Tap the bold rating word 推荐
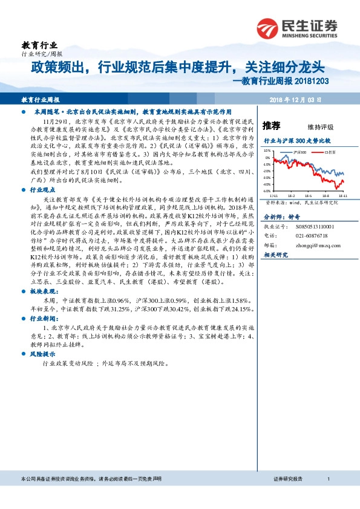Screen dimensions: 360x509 [x=272, y=126]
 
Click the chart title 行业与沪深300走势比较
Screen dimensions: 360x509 [x=298, y=140]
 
